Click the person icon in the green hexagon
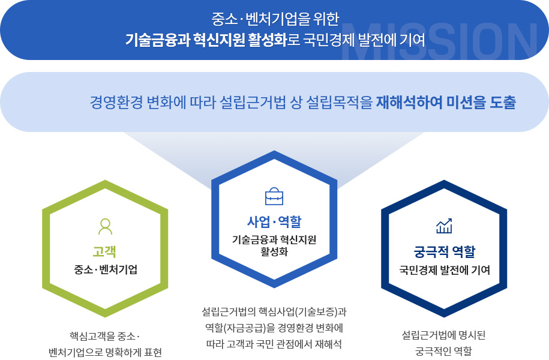(105, 227)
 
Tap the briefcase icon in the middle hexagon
(274, 196)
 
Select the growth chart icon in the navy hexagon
(444, 226)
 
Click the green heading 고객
(104, 251)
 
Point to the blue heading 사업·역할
(274, 221)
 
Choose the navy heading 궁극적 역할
(445, 251)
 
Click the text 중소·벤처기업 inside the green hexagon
(106, 269)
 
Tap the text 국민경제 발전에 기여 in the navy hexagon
(445, 270)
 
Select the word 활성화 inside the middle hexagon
(274, 251)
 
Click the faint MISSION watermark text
(439, 41)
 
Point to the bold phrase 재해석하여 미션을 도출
(446, 102)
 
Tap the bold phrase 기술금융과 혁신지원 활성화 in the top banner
(206, 40)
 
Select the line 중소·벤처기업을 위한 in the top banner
(275, 19)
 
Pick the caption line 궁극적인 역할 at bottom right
(443, 350)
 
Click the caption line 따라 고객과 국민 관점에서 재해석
(274, 344)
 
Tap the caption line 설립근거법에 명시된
(443, 335)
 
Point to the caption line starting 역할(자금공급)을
(274, 328)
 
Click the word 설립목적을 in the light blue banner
(340, 102)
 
